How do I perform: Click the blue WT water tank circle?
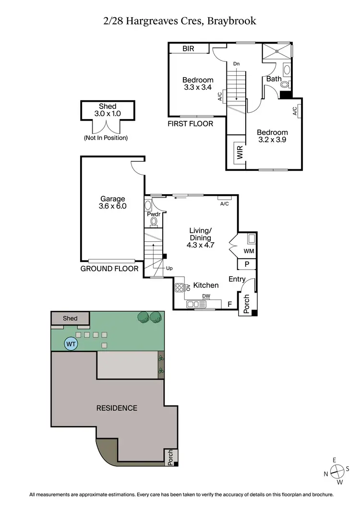tap(71, 343)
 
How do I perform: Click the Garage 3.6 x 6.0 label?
tap(113, 202)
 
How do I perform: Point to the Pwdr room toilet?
tap(154, 221)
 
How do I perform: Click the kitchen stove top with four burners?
tap(180, 288)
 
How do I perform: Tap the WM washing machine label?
tap(249, 251)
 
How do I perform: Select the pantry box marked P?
tap(247, 264)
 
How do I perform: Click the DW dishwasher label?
tap(206, 296)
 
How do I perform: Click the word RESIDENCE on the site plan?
tap(117, 408)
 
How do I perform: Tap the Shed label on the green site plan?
tap(70, 318)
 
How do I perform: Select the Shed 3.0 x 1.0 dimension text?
tap(108, 110)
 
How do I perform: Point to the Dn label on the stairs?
tap(236, 64)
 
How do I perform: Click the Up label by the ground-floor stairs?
tap(169, 269)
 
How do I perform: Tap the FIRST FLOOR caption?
tap(190, 124)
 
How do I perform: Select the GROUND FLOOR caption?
tap(109, 269)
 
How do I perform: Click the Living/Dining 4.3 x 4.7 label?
tap(200, 237)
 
